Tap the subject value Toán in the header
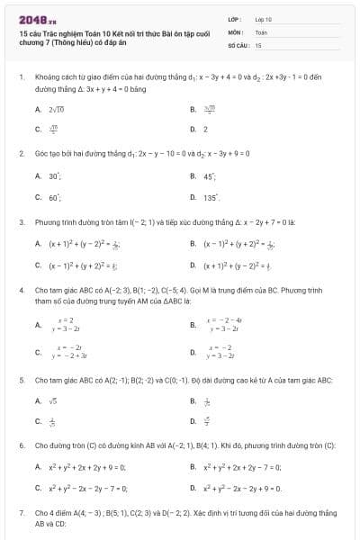coord(261,31)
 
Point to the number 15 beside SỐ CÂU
coord(258,43)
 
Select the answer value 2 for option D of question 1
coord(205,128)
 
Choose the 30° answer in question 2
coord(55,175)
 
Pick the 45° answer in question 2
coord(210,175)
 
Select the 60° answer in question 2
coord(55,195)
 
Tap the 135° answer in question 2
coord(211,196)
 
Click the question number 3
coord(21,220)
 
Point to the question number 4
coord(21,292)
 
